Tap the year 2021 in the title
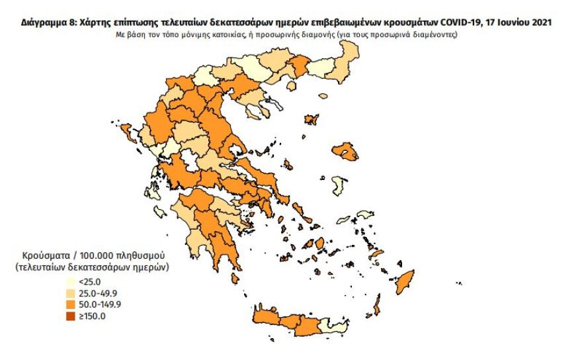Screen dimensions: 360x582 540,22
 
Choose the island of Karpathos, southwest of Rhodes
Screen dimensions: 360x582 378,306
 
